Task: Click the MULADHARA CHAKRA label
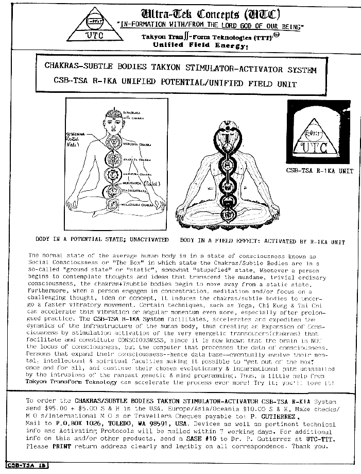(x=138, y=205)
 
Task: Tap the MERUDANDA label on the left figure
(x=132, y=182)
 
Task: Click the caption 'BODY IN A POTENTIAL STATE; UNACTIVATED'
(x=101, y=240)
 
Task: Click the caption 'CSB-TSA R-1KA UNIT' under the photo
(x=320, y=171)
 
